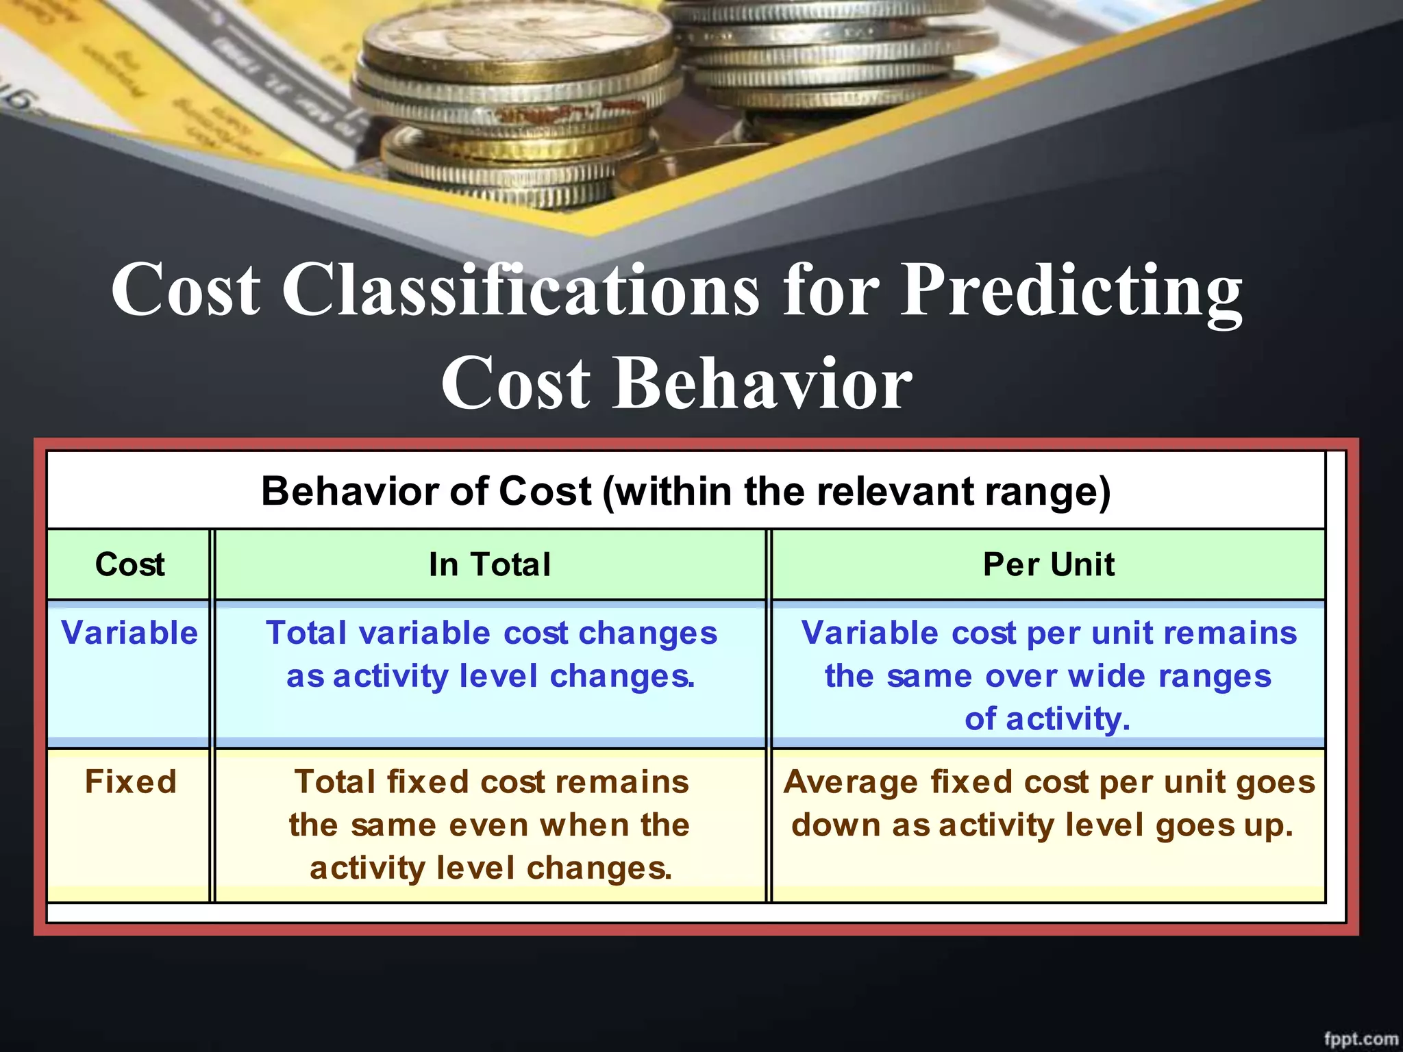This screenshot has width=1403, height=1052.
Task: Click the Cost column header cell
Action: tap(129, 564)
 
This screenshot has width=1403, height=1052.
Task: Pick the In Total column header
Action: tap(490, 564)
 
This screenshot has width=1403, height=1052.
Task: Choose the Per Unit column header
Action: tap(1048, 564)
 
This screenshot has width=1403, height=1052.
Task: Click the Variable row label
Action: tap(129, 632)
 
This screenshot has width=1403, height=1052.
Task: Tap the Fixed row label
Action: tap(130, 781)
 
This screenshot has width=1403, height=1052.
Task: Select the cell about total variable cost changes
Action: tap(491, 654)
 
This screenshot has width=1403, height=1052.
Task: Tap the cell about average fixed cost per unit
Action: tap(1048, 803)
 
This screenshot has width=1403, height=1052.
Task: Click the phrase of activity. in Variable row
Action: tap(1047, 718)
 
